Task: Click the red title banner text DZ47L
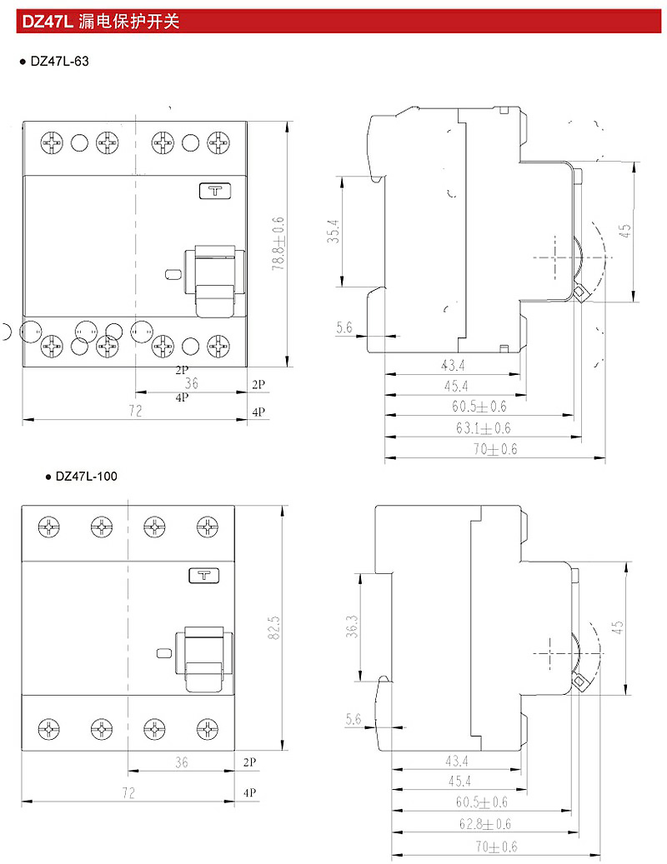[x=48, y=22]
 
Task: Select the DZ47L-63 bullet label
[x=59, y=61]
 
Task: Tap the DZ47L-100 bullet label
[x=86, y=476]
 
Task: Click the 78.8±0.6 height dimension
[x=278, y=243]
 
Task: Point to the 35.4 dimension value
[x=333, y=232]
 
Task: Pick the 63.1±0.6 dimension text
[x=483, y=427]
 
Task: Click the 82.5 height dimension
[x=274, y=627]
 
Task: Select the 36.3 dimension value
[x=352, y=627]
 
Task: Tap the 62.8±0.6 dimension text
[x=485, y=824]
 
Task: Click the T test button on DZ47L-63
[x=215, y=191]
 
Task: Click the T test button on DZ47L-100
[x=204, y=576]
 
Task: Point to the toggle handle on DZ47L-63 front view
[x=214, y=282]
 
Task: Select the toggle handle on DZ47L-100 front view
[x=204, y=658]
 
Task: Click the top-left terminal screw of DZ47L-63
[x=52, y=142]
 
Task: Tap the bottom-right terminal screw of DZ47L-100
[x=208, y=729]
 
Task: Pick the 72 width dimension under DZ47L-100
[x=128, y=792]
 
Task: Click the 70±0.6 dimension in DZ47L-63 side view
[x=495, y=449]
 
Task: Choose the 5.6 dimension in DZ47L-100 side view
[x=354, y=719]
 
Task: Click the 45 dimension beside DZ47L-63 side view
[x=625, y=230]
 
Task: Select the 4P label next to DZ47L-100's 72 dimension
[x=250, y=792]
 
